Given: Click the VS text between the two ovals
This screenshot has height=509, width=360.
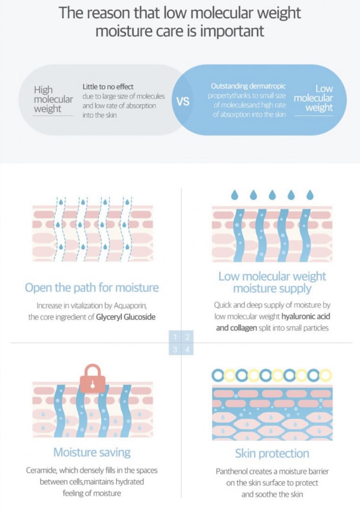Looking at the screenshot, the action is pyautogui.click(x=183, y=101).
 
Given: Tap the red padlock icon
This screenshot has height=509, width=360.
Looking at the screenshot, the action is pyautogui.click(x=93, y=379).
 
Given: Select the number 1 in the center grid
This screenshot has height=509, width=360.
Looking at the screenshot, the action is pyautogui.click(x=175, y=337).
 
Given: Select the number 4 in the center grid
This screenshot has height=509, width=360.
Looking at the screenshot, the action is pyautogui.click(x=187, y=350).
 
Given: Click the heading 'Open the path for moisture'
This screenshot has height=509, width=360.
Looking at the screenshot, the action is pyautogui.click(x=92, y=287).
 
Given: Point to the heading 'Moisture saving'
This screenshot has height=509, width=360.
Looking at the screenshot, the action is pyautogui.click(x=92, y=452).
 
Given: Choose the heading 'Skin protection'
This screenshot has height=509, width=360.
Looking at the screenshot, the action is pyautogui.click(x=272, y=453).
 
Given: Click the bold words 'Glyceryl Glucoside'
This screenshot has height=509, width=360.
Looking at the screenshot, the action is pyautogui.click(x=126, y=317).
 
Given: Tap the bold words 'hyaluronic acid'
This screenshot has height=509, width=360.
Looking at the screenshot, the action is pyautogui.click(x=306, y=316).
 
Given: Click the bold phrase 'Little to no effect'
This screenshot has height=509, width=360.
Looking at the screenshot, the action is pyautogui.click(x=108, y=87).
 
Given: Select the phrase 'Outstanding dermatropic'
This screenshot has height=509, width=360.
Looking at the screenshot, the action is pyautogui.click(x=248, y=86).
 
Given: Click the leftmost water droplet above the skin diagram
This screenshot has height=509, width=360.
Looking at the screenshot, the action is pyautogui.click(x=235, y=195).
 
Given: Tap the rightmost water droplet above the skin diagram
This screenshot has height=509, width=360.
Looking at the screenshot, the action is pyautogui.click(x=310, y=195).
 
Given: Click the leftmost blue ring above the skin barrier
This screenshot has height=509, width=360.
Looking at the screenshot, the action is pyautogui.click(x=217, y=376).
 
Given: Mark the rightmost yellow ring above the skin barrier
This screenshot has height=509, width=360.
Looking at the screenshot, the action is pyautogui.click(x=325, y=376).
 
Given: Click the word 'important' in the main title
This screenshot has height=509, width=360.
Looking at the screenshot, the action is pyautogui.click(x=232, y=32).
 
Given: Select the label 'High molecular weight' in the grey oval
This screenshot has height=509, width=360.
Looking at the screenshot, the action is pyautogui.click(x=53, y=99).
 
